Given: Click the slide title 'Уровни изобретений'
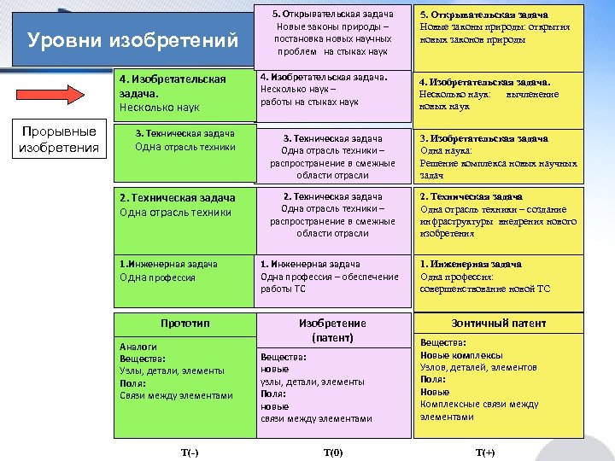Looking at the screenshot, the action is [x=132, y=40].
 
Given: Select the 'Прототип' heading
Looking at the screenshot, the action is [x=184, y=323].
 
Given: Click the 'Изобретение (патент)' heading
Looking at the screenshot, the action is [x=332, y=330].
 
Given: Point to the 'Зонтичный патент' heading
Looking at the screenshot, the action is [x=499, y=324].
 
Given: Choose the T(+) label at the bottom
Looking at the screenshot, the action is [x=484, y=452].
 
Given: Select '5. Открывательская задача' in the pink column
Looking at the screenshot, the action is [x=332, y=15].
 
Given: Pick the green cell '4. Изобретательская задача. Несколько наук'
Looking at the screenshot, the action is [x=184, y=92].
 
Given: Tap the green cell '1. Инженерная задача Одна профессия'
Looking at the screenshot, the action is [x=184, y=271].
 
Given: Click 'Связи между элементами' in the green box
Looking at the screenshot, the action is [x=176, y=395].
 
